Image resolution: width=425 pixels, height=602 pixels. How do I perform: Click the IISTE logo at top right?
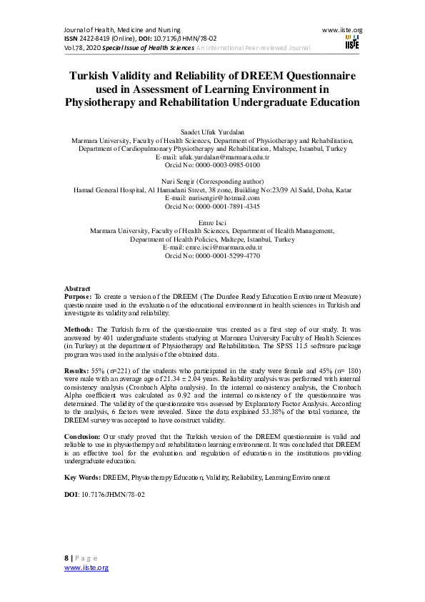click(x=351, y=42)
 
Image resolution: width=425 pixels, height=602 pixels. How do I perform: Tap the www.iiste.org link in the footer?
click(x=86, y=567)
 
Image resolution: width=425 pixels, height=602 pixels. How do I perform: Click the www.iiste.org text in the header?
click(x=343, y=30)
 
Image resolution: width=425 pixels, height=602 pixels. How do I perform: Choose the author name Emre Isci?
click(x=212, y=223)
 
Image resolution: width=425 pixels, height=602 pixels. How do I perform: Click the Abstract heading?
click(x=77, y=287)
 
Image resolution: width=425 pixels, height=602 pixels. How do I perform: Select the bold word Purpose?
click(x=77, y=295)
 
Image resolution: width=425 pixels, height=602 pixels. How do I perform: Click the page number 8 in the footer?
click(x=66, y=558)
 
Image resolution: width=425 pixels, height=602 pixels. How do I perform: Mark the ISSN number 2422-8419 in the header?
click(x=97, y=38)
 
